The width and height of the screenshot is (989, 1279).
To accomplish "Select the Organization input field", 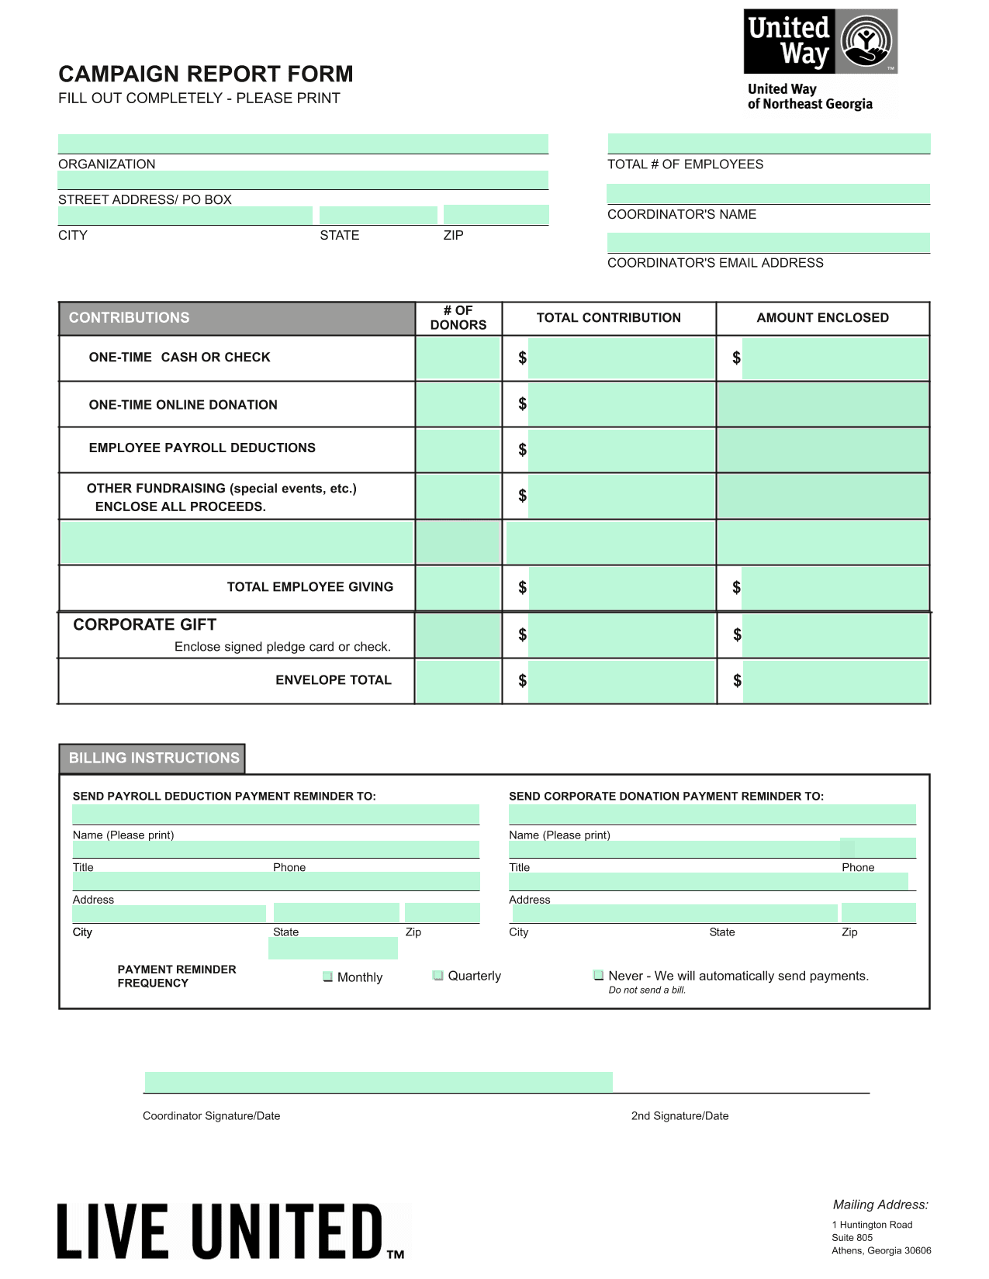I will pyautogui.click(x=303, y=143).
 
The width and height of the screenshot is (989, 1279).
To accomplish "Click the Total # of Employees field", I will pyautogui.click(x=768, y=143).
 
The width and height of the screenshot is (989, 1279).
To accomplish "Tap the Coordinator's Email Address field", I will pyautogui.click(x=768, y=243).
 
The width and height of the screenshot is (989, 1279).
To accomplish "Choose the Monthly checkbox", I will pyautogui.click(x=328, y=977).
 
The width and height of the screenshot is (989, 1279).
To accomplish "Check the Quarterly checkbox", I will pyautogui.click(x=438, y=975).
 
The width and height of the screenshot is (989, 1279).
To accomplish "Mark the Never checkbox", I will pyautogui.click(x=599, y=975).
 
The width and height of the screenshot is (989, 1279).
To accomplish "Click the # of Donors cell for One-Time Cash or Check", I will pyautogui.click(x=458, y=358).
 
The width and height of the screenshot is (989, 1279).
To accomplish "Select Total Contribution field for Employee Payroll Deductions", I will pyautogui.click(x=621, y=450).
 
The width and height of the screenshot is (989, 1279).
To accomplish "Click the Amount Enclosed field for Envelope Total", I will pyautogui.click(x=835, y=681).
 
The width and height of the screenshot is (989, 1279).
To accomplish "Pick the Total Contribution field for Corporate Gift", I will pyautogui.click(x=621, y=635).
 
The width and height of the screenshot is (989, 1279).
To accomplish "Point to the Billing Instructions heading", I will pyautogui.click(x=154, y=758).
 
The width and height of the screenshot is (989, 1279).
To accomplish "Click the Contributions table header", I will pyautogui.click(x=237, y=318).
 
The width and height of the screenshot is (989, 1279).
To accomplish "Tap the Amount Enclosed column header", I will pyautogui.click(x=822, y=318).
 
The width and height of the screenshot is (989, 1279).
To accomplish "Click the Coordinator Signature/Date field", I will pyautogui.click(x=379, y=1082).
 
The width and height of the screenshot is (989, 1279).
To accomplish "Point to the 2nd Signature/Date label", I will pyautogui.click(x=680, y=1116).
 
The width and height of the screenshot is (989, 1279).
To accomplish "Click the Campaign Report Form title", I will pyautogui.click(x=206, y=74).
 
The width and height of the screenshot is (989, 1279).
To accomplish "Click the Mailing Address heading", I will pyautogui.click(x=880, y=1205).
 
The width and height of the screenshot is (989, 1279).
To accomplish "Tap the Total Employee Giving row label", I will pyautogui.click(x=309, y=587).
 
